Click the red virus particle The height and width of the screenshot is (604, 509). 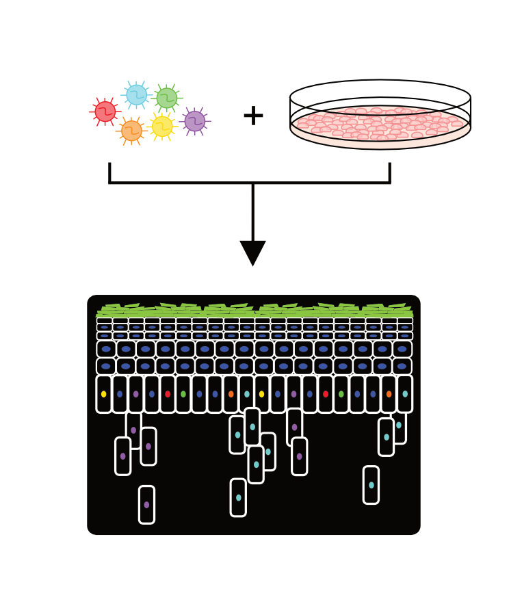105,111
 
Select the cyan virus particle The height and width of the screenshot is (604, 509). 136,95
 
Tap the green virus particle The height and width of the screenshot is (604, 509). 166,98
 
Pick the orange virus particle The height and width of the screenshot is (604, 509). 131,131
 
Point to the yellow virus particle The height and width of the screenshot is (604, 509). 162,126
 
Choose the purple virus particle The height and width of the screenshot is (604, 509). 195,121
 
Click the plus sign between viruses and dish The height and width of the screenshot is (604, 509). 253,116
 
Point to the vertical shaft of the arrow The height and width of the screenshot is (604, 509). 253,212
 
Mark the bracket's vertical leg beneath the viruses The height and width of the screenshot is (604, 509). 109,172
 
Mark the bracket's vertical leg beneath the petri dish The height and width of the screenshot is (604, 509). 389,172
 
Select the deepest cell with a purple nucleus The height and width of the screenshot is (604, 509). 146,505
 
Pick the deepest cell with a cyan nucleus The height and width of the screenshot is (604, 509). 238,498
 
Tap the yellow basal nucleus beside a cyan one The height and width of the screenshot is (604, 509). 261,394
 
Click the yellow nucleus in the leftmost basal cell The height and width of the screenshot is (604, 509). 104,394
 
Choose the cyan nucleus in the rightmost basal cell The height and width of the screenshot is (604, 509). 405,394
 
